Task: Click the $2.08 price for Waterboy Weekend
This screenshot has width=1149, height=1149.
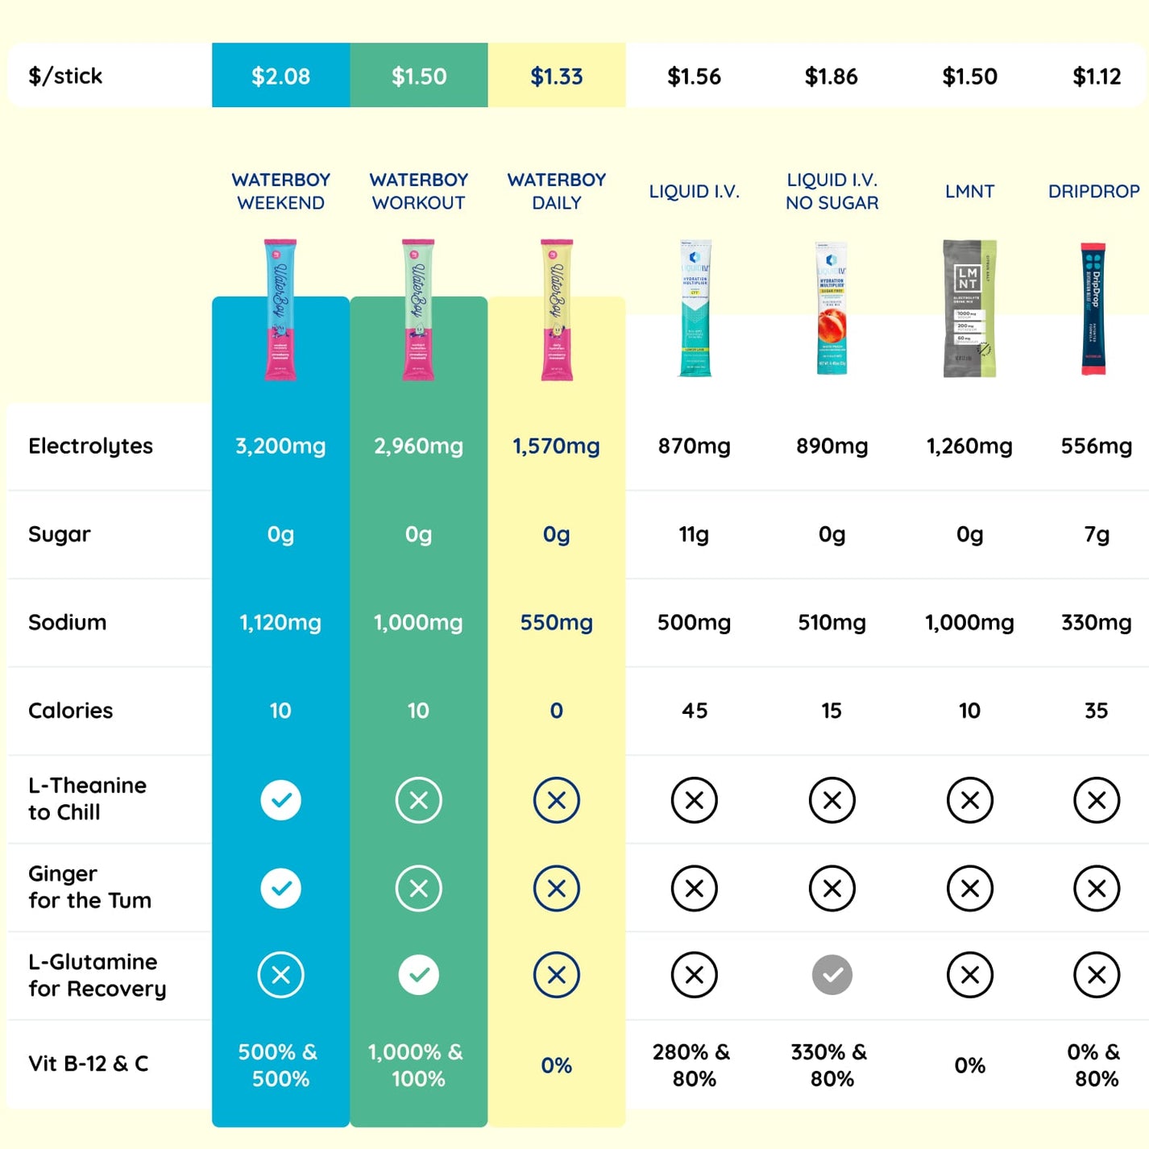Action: (280, 77)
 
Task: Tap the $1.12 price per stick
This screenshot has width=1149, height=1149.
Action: (1097, 77)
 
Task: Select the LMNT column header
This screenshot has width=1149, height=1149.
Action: (969, 192)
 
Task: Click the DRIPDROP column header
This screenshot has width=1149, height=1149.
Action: (1093, 192)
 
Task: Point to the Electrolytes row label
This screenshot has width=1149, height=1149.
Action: (90, 446)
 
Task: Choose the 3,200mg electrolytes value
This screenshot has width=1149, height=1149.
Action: (280, 446)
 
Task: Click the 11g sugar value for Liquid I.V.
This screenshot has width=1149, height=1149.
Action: (694, 534)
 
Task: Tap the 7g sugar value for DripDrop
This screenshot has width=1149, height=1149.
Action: (1097, 534)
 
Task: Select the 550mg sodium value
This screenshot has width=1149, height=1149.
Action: (556, 623)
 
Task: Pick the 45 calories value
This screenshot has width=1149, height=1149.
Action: (694, 711)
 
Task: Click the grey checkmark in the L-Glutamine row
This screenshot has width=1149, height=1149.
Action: (832, 975)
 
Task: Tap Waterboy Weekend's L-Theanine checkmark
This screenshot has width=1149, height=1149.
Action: (280, 800)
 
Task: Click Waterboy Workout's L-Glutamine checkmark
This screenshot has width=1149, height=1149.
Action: (418, 975)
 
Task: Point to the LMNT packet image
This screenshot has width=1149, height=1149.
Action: (969, 309)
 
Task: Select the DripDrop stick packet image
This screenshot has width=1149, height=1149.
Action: (1093, 309)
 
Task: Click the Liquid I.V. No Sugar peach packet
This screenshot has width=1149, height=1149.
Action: (832, 309)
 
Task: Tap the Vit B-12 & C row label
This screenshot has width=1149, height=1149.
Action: (89, 1064)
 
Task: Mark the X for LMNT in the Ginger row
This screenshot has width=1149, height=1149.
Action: (969, 888)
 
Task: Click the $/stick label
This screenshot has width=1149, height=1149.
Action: (65, 77)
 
